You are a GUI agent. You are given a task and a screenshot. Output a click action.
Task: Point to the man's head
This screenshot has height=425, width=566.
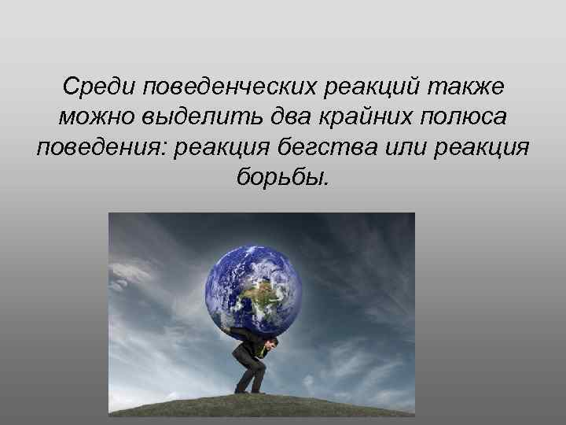point(274,344)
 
